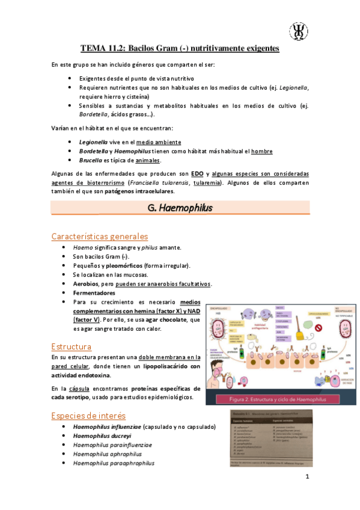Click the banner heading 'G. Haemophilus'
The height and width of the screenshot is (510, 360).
(x=179, y=207)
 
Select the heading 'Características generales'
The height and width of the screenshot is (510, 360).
(x=100, y=236)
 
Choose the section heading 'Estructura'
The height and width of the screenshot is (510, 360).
(x=72, y=346)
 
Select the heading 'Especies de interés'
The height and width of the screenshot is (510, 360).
(x=89, y=415)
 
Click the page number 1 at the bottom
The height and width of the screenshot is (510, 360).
(x=307, y=478)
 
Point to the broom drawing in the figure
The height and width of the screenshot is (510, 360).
(x=298, y=332)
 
